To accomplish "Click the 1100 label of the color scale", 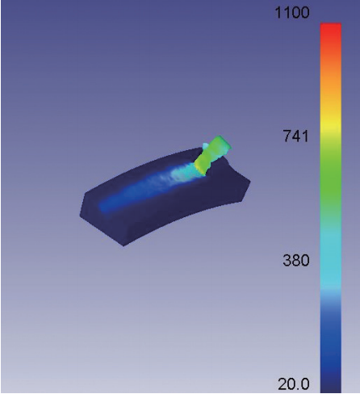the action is point(292,13).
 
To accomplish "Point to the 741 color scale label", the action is point(295,136).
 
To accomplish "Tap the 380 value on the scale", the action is point(296,260).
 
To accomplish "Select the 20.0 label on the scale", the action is point(294,384).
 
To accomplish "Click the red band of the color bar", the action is point(331,32).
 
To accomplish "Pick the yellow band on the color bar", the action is point(331,124).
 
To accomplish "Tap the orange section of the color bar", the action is point(331,81).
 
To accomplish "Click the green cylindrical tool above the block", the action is point(212,155).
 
